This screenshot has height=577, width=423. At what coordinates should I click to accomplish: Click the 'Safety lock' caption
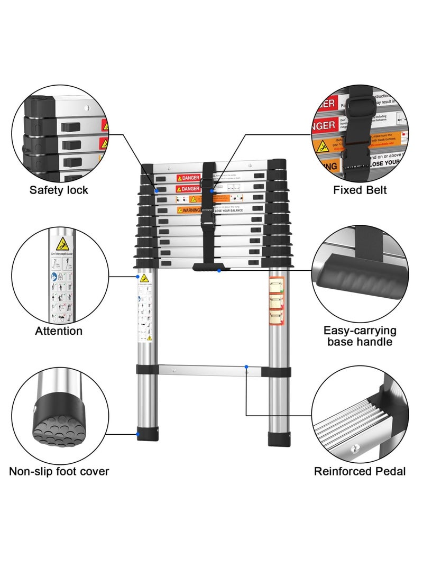click(59, 190)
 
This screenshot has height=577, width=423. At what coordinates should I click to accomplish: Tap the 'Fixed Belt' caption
click(360, 190)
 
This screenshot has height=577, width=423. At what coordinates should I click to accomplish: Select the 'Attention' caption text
click(59, 331)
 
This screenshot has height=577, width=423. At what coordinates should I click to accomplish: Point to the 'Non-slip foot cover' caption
click(59, 471)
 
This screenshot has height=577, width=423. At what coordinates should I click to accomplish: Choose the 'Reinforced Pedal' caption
click(360, 471)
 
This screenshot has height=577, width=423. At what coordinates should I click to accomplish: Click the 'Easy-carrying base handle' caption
click(360, 336)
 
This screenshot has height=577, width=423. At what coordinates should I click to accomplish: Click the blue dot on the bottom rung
click(246, 366)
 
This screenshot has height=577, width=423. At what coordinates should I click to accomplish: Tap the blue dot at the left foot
click(138, 435)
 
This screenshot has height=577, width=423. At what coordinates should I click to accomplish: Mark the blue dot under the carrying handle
click(219, 271)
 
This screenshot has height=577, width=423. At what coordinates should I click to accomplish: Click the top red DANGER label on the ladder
click(188, 178)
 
